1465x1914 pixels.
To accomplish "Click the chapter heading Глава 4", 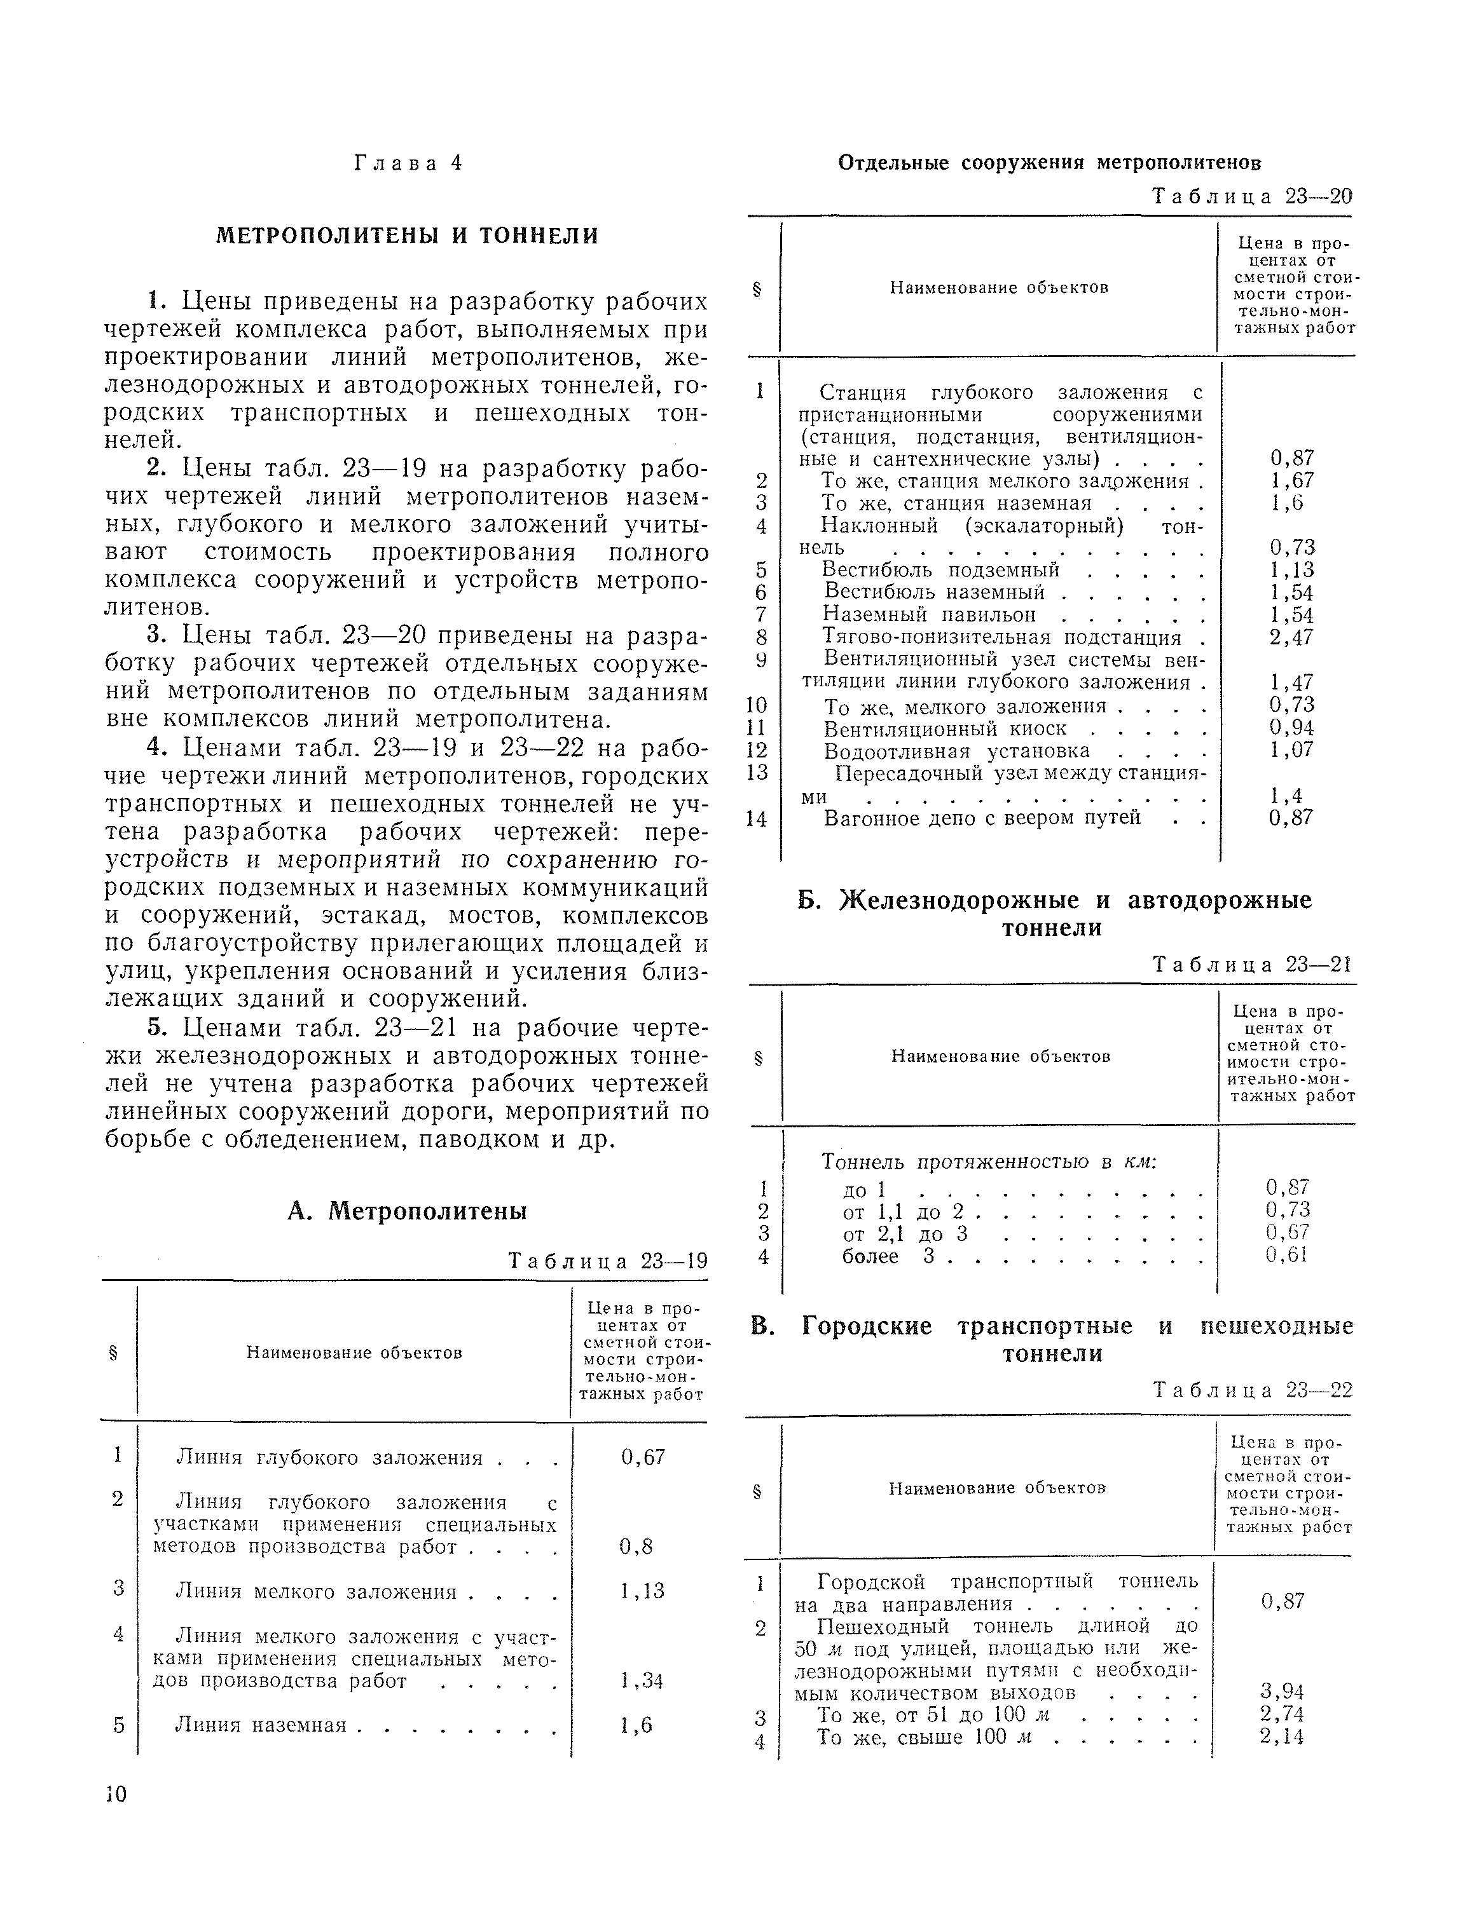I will click(407, 164).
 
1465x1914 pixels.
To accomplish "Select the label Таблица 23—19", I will click(608, 1261).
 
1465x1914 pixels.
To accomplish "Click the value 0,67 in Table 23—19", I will click(643, 1457).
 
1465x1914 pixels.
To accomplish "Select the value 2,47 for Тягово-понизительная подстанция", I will click(1291, 637).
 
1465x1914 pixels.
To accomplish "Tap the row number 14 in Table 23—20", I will click(756, 819).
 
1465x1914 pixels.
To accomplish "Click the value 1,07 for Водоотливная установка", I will click(1291, 750).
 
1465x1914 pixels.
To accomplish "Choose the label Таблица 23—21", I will click(1252, 964).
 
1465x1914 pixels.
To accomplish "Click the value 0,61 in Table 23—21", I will click(1287, 1255).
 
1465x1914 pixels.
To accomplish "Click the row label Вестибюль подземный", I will click(942, 569).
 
